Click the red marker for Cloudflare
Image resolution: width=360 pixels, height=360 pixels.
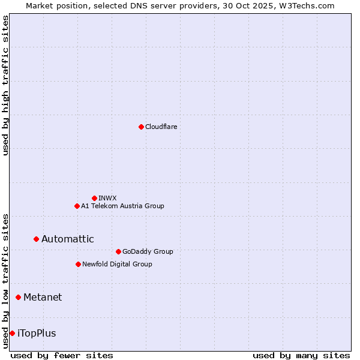click(141, 127)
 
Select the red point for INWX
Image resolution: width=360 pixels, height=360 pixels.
click(94, 198)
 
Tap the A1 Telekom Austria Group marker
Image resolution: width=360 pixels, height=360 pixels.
click(77, 206)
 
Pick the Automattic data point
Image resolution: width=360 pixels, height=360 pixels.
click(36, 239)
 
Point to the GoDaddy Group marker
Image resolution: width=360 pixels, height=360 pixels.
click(118, 251)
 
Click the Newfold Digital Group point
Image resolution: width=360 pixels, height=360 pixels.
click(78, 264)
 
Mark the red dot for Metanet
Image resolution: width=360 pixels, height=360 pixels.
click(18, 297)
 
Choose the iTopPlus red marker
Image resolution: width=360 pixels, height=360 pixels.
click(12, 333)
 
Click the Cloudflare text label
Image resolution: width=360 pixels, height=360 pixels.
click(161, 127)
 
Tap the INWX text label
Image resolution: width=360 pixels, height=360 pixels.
click(107, 198)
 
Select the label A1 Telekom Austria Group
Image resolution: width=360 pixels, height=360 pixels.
click(122, 206)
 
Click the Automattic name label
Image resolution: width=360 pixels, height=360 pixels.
click(67, 239)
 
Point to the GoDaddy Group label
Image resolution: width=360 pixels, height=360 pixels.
click(148, 251)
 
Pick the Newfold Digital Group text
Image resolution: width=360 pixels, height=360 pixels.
click(117, 264)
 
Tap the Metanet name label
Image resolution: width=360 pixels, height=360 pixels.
click(43, 297)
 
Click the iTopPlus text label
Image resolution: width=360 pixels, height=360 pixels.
click(37, 333)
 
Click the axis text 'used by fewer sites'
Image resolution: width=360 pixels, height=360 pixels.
click(62, 355)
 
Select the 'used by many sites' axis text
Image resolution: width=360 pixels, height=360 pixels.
click(301, 355)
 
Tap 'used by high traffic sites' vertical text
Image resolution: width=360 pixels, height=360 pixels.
click(5, 85)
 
